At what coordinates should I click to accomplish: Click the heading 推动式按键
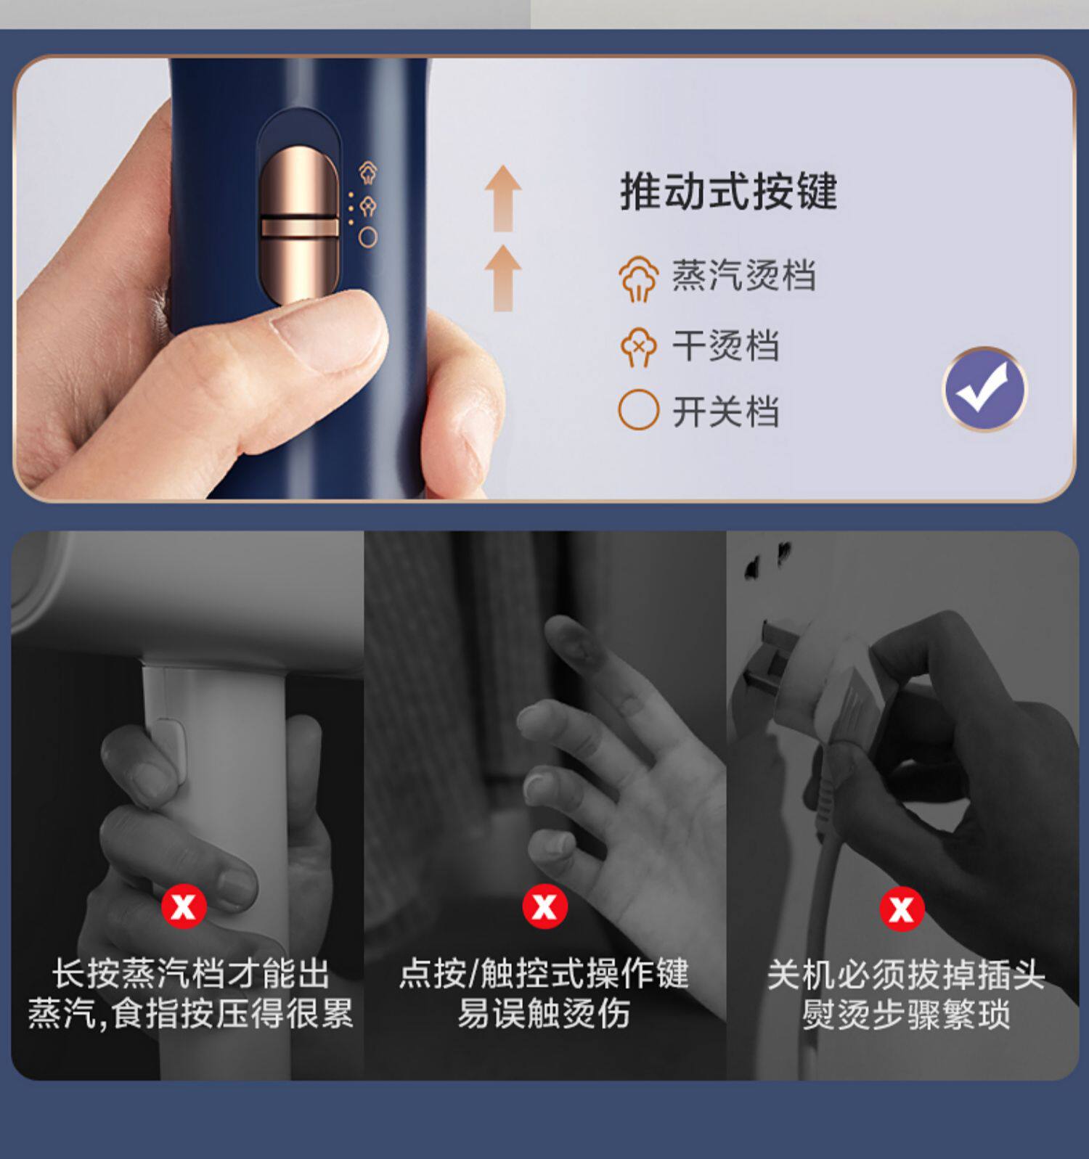click(728, 192)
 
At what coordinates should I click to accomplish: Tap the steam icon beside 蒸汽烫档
click(638, 279)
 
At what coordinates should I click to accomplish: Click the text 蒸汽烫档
click(743, 276)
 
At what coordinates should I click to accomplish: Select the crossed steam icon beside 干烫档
click(638, 346)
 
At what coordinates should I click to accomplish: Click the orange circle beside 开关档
click(638, 410)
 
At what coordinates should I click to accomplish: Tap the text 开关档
click(725, 411)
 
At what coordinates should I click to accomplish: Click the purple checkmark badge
click(984, 389)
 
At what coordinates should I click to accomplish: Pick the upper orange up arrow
click(503, 199)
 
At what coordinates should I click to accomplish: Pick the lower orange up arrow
click(503, 278)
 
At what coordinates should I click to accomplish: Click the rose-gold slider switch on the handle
click(300, 226)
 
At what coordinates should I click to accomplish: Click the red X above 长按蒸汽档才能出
click(184, 906)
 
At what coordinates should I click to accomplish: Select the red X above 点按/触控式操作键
click(544, 906)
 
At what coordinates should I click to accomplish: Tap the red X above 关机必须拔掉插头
click(902, 908)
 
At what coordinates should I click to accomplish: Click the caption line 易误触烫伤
click(544, 1013)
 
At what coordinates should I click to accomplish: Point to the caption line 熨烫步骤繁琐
click(906, 1013)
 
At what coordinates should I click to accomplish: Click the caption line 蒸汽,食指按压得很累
click(190, 1013)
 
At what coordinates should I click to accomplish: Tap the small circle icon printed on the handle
click(368, 237)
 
